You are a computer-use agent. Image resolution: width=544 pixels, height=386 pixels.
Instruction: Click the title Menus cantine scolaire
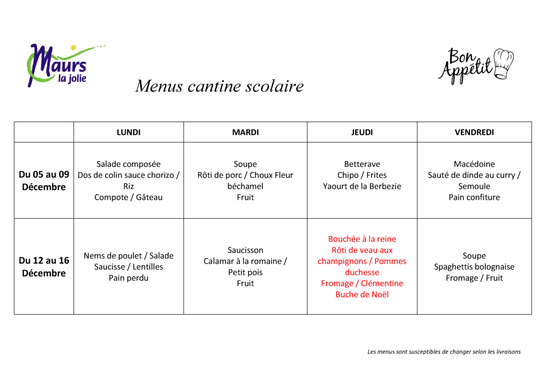point(219,86)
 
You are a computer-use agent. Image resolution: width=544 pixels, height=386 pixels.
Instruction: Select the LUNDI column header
point(128,133)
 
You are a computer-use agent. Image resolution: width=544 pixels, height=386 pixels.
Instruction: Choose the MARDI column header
point(245,133)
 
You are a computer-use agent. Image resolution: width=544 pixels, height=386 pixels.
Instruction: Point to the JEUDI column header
point(362,133)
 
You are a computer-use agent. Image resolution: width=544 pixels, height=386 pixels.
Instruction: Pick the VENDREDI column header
point(474,133)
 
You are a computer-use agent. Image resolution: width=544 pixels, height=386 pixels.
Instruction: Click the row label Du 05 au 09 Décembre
point(44,180)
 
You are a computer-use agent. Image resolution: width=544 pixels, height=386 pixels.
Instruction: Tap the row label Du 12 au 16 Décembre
point(44,266)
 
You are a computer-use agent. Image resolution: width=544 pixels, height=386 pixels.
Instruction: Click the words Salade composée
point(128,164)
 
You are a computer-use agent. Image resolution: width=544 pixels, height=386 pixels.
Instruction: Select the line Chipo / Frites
point(362,175)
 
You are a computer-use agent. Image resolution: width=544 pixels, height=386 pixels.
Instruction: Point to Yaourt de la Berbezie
point(362,186)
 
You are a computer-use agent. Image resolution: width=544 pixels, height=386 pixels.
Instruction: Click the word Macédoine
point(474,164)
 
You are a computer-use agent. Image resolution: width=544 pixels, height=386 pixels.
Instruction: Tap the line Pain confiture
point(474,198)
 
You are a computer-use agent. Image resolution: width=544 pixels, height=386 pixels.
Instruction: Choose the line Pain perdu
point(128,278)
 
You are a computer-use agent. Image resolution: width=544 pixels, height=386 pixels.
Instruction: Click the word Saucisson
point(245,250)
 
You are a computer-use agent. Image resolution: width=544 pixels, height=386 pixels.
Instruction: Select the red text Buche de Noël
point(362,295)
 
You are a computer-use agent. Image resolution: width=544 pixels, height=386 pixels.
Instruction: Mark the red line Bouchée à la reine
point(362,239)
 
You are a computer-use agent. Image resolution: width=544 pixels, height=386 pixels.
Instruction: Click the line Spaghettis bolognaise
point(474,267)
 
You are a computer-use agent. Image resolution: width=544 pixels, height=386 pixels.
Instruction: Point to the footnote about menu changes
point(444,352)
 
